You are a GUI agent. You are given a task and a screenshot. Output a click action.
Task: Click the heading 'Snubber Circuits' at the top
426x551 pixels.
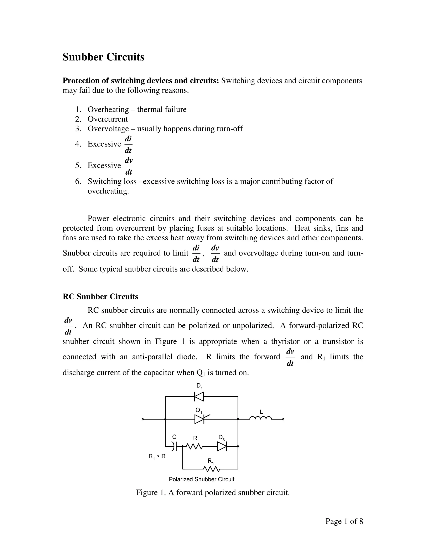103,57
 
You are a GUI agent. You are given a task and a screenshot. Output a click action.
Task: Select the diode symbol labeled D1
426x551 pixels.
199,397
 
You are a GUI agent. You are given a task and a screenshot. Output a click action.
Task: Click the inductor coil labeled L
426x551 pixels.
260,419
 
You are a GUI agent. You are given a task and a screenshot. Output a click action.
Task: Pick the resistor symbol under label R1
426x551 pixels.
211,469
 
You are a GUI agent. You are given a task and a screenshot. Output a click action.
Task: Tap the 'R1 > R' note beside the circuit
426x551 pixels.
157,457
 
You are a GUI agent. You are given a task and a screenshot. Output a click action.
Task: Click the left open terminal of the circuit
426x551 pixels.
142,419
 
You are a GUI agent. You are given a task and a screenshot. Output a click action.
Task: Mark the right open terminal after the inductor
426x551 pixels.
283,419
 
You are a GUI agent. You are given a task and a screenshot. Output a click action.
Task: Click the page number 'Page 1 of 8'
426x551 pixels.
344,521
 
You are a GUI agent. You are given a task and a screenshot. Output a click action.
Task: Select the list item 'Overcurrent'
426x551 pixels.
108,119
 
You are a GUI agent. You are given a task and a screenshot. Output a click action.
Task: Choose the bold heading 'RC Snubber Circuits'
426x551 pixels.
100,297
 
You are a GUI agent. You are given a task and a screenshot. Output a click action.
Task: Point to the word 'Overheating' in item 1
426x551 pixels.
108,110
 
